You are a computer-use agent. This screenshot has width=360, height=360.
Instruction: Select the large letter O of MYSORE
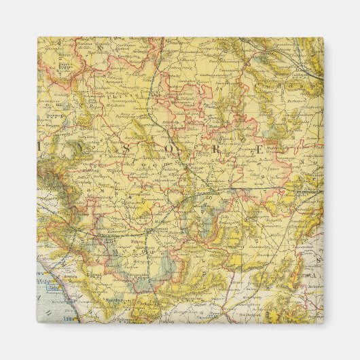[x=179, y=146]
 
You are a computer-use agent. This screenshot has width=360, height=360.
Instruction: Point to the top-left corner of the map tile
[x=37, y=37]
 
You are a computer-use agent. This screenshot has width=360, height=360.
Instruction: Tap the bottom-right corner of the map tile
[x=323, y=323]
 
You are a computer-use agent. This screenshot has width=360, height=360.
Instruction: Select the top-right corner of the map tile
[x=323, y=37]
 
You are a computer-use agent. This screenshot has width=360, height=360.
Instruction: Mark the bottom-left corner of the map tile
[x=37, y=323]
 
